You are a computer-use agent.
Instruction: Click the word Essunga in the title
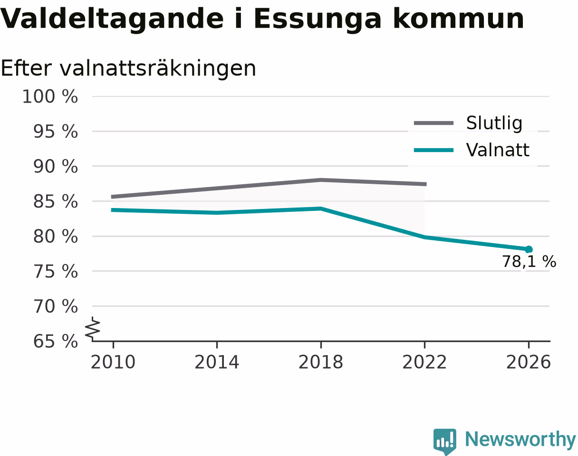[x=317, y=19]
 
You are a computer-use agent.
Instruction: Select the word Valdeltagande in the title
[x=112, y=19]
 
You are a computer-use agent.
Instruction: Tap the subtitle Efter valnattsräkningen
[x=128, y=68]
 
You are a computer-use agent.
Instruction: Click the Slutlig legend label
[x=494, y=123]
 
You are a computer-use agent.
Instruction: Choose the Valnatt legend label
[x=498, y=150]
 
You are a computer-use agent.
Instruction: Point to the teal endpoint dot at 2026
[x=529, y=249]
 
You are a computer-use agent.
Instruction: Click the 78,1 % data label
[x=529, y=261]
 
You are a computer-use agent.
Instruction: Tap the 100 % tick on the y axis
[x=50, y=96]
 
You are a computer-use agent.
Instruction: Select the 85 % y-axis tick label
[x=56, y=201]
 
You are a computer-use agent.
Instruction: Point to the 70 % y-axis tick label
[x=56, y=306]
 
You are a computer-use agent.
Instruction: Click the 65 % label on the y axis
[x=56, y=342]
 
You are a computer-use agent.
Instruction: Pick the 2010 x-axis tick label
[x=113, y=362]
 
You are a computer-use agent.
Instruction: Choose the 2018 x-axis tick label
[x=321, y=362]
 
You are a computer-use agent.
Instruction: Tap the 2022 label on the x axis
[x=424, y=362]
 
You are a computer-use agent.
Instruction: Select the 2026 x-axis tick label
[x=528, y=362]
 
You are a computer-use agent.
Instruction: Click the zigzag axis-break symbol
[x=93, y=327]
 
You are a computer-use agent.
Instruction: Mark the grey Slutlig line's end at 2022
[x=426, y=184]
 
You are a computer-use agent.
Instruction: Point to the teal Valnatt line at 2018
[x=321, y=209]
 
